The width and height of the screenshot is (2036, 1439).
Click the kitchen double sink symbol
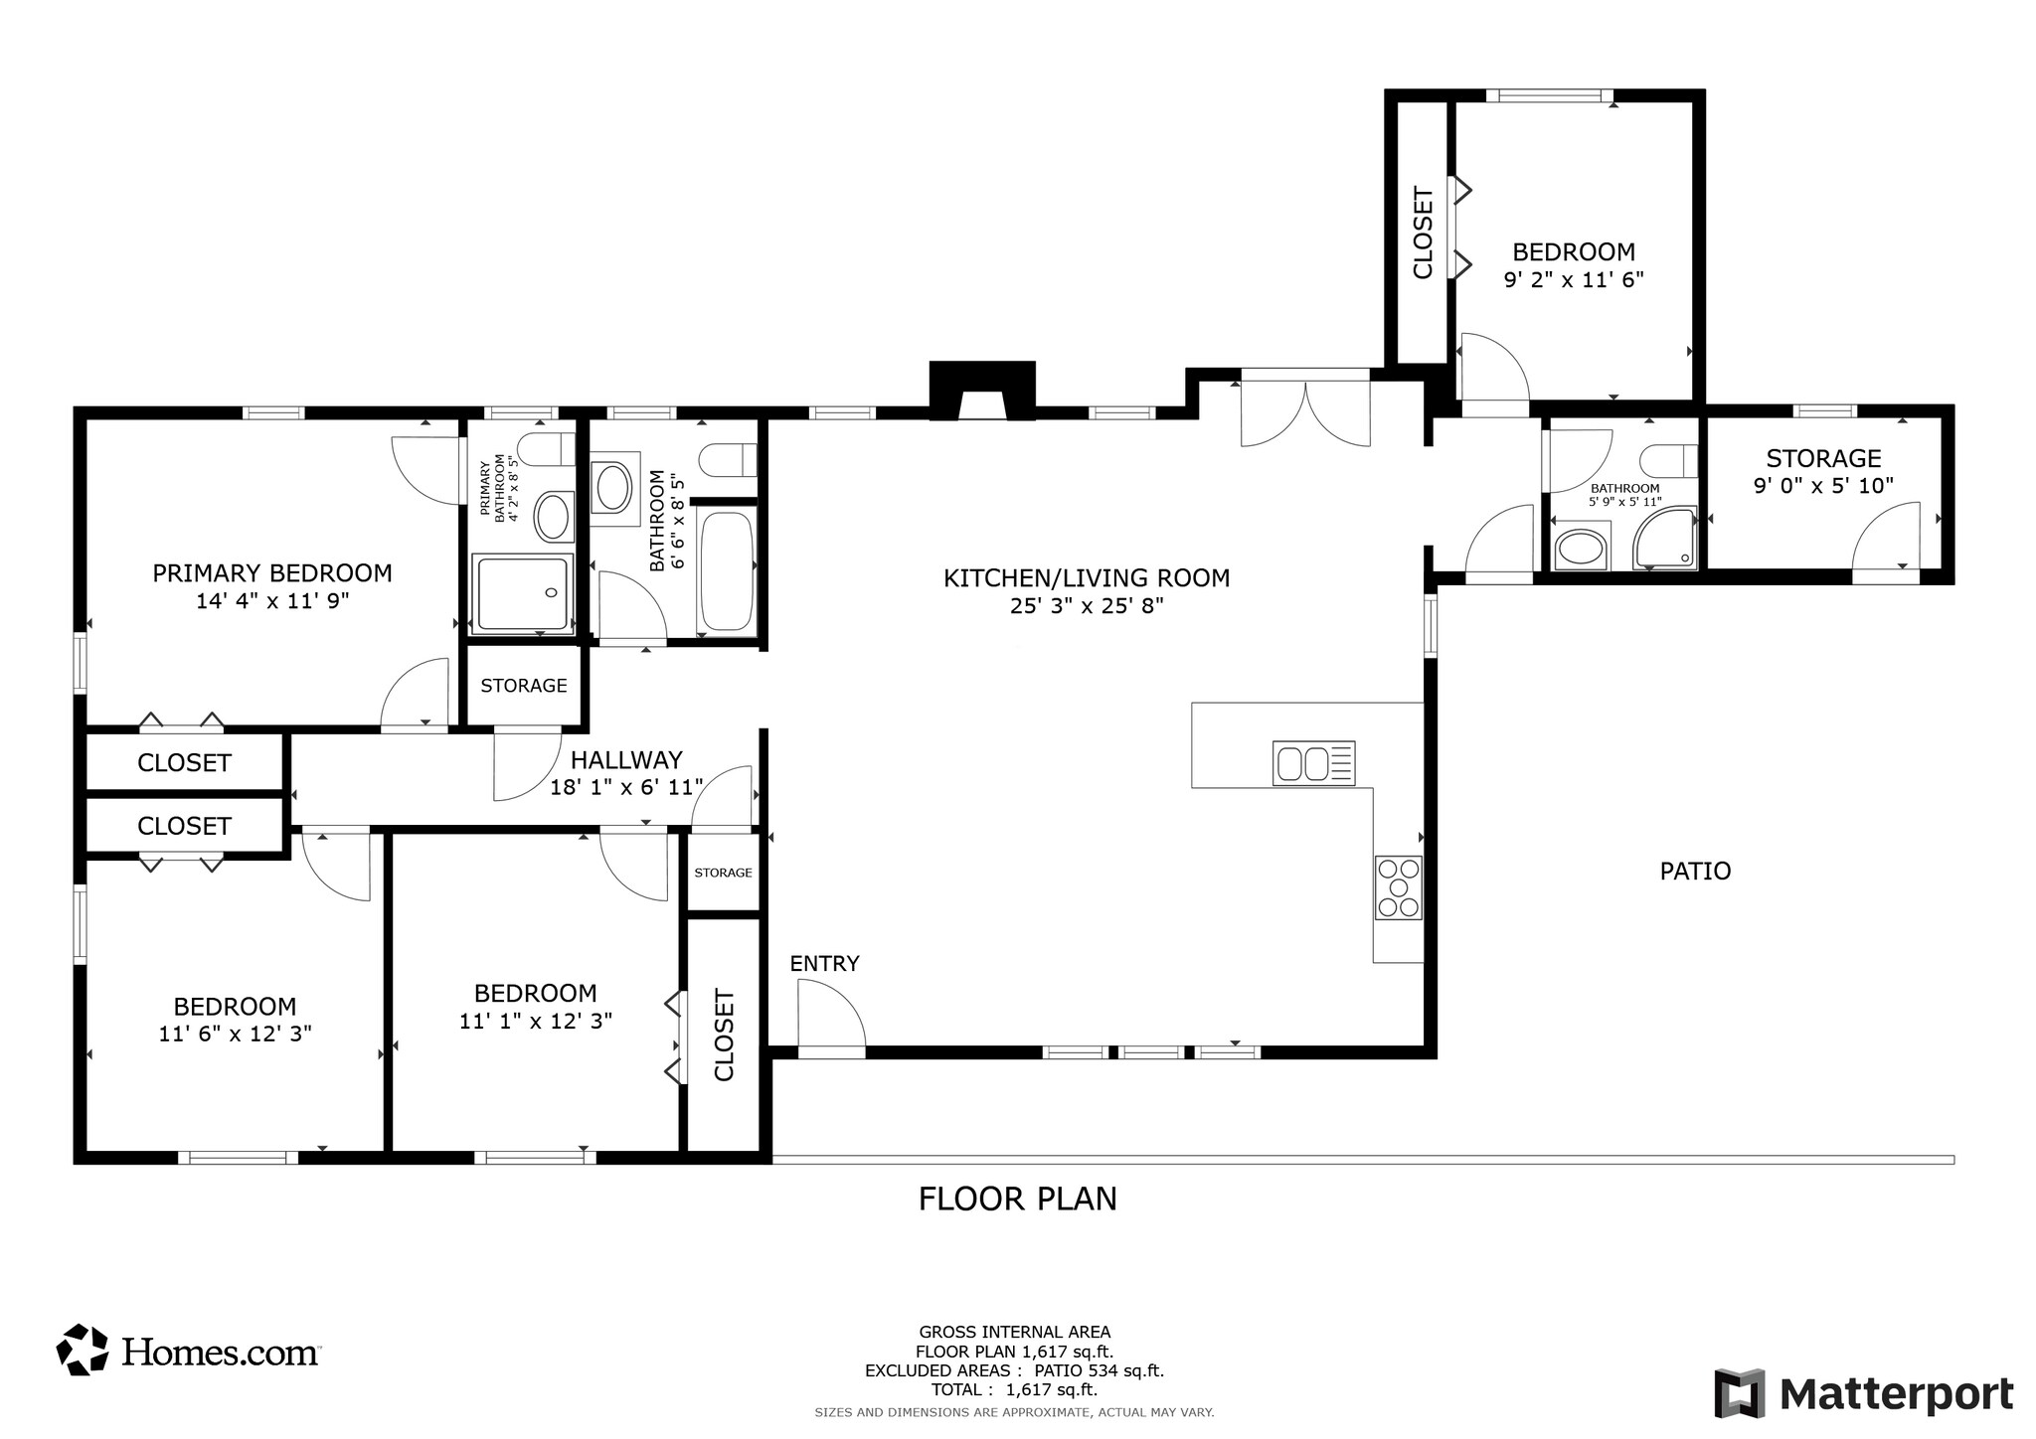[1313, 763]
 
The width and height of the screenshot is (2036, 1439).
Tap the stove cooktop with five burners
[1398, 887]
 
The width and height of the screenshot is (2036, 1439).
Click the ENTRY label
[824, 963]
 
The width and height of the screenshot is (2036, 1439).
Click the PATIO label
[1695, 872]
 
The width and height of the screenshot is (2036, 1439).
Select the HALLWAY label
[626, 760]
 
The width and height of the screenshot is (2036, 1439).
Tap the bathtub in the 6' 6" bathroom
[728, 570]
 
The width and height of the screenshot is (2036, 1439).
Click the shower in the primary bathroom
[523, 594]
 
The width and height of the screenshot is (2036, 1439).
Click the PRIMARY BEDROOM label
[271, 573]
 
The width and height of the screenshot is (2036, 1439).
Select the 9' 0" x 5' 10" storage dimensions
[1823, 486]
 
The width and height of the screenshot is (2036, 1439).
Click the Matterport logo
[1864, 1393]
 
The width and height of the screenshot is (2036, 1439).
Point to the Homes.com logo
[189, 1351]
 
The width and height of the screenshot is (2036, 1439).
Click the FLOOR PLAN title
[1017, 1199]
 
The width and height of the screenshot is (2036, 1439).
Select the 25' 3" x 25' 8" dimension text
[1086, 605]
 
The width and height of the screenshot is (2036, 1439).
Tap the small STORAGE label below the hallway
[723, 873]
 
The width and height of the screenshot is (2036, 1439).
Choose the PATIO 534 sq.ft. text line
[1014, 1371]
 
